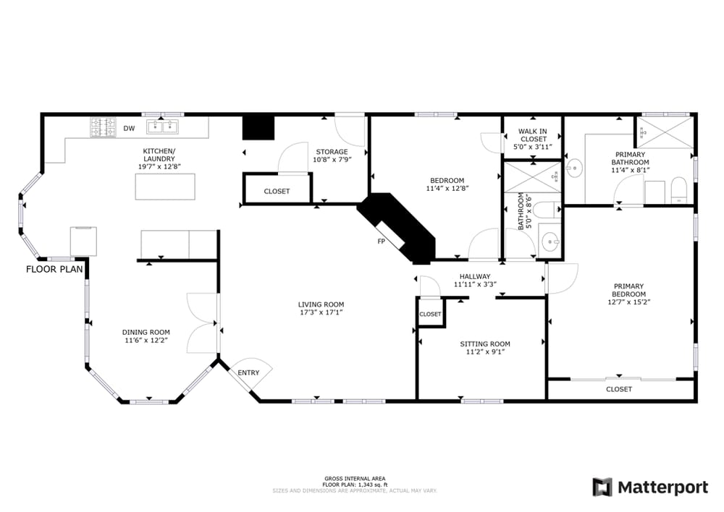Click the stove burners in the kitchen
tap(103, 127)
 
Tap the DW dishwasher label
tap(130, 128)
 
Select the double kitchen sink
tap(162, 127)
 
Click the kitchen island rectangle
tap(165, 187)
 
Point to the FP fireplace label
tap(382, 242)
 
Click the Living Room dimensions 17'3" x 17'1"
tap(321, 312)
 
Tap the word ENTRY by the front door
tap(248, 372)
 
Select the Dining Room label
tap(146, 332)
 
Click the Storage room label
tap(332, 152)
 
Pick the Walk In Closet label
tap(533, 135)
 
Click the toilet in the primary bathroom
tap(679, 190)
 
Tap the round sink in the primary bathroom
tap(574, 168)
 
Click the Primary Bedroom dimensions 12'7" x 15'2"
tap(629, 302)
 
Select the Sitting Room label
tap(485, 344)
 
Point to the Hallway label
tap(475, 276)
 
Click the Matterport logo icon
tap(602, 487)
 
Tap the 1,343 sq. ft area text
tap(373, 485)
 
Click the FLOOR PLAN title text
tap(54, 269)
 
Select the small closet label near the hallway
tap(430, 314)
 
